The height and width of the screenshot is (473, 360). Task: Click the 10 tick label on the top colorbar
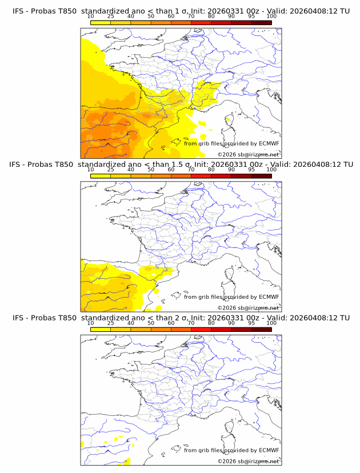pyautogui.click(x=90, y=16)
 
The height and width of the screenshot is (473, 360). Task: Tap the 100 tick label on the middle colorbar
pyautogui.click(x=271, y=170)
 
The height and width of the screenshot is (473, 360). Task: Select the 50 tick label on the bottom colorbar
pyautogui.click(x=151, y=323)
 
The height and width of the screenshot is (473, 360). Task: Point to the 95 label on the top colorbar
pyautogui.click(x=251, y=16)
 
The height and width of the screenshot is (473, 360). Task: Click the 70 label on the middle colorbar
pyautogui.click(x=191, y=170)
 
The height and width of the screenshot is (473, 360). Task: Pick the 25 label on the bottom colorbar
pyautogui.click(x=110, y=323)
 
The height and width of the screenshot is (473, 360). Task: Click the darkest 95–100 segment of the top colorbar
pyautogui.click(x=261, y=22)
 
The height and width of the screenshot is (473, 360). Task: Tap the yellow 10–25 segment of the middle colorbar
pyautogui.click(x=100, y=176)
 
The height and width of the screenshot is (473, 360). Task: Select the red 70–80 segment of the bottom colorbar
pyautogui.click(x=201, y=330)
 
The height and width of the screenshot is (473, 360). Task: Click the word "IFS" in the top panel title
pyautogui.click(x=19, y=10)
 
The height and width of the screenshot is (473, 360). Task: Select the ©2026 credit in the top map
pyautogui.click(x=248, y=154)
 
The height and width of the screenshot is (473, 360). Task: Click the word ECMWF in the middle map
pyautogui.click(x=269, y=296)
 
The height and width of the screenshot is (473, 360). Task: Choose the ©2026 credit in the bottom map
pyautogui.click(x=248, y=461)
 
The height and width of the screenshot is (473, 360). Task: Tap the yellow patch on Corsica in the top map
pyautogui.click(x=229, y=119)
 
